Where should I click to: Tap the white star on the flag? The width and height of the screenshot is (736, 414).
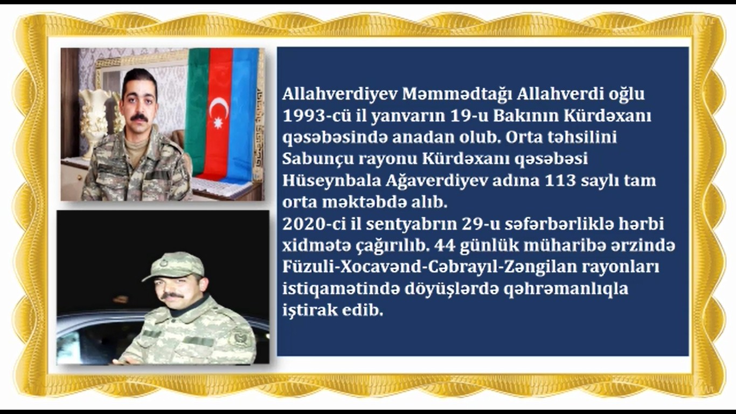pos(219,123)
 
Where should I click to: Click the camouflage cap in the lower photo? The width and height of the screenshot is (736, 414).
pos(175,265)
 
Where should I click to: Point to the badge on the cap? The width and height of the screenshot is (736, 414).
pos(163,264)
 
